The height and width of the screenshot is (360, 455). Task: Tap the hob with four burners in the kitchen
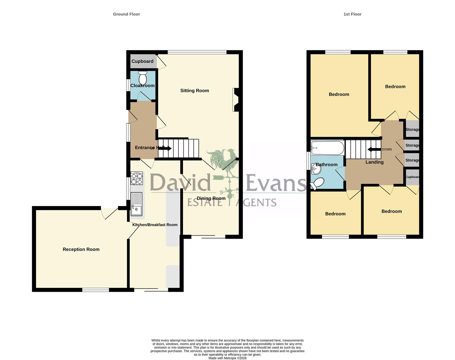tap(136, 178)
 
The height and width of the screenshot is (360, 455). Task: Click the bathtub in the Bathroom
tap(327, 148)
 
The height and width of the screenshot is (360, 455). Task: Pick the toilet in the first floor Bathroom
tap(317, 184)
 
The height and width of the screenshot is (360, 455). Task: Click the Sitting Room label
tap(195, 91)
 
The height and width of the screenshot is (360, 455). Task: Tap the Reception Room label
tap(81, 249)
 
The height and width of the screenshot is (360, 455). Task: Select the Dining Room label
tap(211, 198)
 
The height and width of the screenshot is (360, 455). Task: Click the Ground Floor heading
tap(126, 14)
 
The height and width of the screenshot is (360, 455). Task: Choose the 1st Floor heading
tap(352, 14)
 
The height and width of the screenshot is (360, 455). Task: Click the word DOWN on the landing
tap(387, 149)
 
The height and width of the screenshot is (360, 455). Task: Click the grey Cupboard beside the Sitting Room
tap(143, 61)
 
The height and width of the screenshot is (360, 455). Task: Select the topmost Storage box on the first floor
tap(412, 129)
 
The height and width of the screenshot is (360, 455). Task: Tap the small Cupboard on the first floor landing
tap(412, 177)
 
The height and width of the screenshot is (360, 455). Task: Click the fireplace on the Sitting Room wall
tap(236, 100)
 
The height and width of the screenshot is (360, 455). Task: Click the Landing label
tap(374, 162)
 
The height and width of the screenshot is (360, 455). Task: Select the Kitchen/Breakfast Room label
tap(155, 225)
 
